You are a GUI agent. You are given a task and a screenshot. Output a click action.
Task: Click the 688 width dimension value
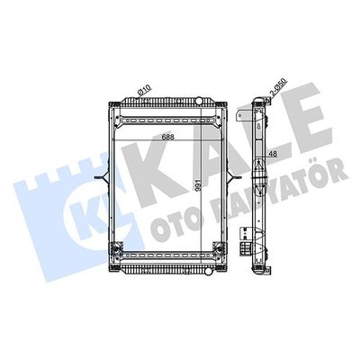pos(168,137)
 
